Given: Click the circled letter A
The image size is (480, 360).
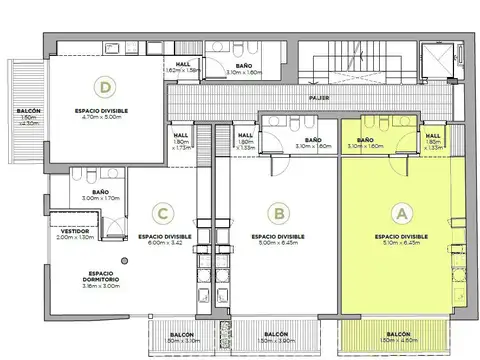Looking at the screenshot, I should click(403, 212).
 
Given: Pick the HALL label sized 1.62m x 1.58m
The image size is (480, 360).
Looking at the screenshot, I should click(183, 65).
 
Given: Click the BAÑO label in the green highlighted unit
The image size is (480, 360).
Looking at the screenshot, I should click(365, 141).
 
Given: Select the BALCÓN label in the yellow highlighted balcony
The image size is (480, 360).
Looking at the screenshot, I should click(398, 333).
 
